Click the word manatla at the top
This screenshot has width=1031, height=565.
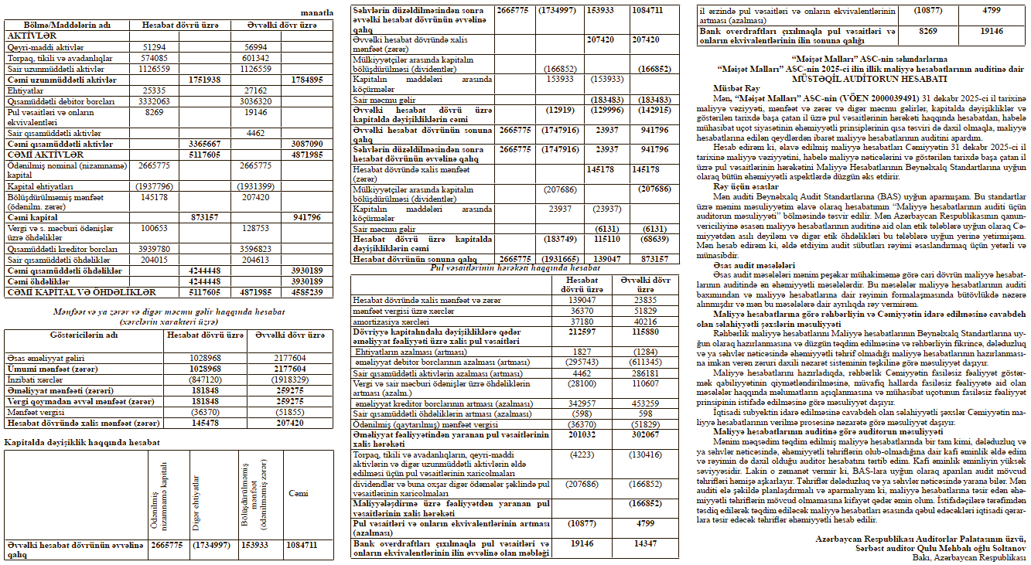[x=319, y=12]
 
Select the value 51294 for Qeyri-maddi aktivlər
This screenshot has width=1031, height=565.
[x=155, y=48]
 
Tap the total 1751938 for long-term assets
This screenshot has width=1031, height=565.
[x=205, y=80]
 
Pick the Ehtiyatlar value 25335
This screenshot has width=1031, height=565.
[x=155, y=90]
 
